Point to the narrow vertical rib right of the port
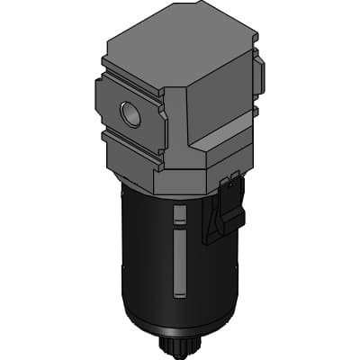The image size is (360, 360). tap(162, 126)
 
